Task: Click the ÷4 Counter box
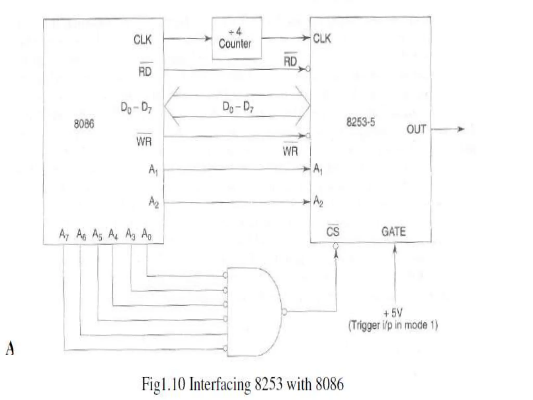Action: pyautogui.click(x=236, y=39)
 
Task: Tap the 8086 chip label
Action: pyautogui.click(x=84, y=124)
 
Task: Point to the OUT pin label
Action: pyautogui.click(x=416, y=129)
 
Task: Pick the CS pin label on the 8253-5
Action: pyautogui.click(x=333, y=231)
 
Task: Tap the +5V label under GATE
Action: pyautogui.click(x=393, y=313)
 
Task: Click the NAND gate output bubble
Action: pyautogui.click(x=284, y=312)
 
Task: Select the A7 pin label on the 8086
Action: pyautogui.click(x=64, y=234)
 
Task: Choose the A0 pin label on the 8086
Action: pyautogui.click(x=146, y=234)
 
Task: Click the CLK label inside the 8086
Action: pyautogui.click(x=142, y=40)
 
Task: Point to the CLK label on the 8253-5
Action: pyautogui.click(x=322, y=39)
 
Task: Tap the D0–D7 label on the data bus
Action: pyautogui.click(x=238, y=107)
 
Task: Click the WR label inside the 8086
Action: pyautogui.click(x=144, y=141)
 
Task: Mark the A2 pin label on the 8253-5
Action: pyautogui.click(x=318, y=201)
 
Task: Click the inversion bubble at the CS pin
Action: pyautogui.click(x=336, y=246)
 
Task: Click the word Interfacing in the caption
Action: pyautogui.click(x=220, y=384)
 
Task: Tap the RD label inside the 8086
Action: pyautogui.click(x=145, y=71)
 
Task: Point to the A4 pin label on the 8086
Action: pyautogui.click(x=113, y=234)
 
